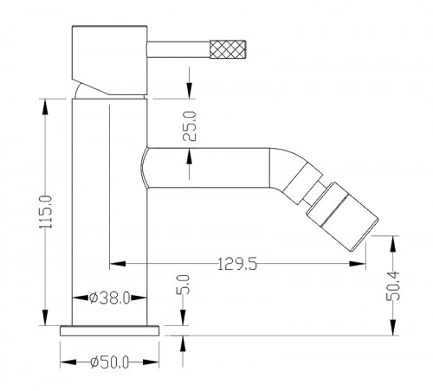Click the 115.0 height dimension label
click(x=46, y=212)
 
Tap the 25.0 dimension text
click(x=190, y=126)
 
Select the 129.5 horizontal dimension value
click(x=236, y=264)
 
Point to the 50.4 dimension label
click(x=393, y=286)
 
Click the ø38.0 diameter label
click(x=110, y=298)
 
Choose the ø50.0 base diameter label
click(x=109, y=362)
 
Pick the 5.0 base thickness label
click(x=183, y=285)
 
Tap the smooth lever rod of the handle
click(x=178, y=49)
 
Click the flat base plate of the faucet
click(x=109, y=330)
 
